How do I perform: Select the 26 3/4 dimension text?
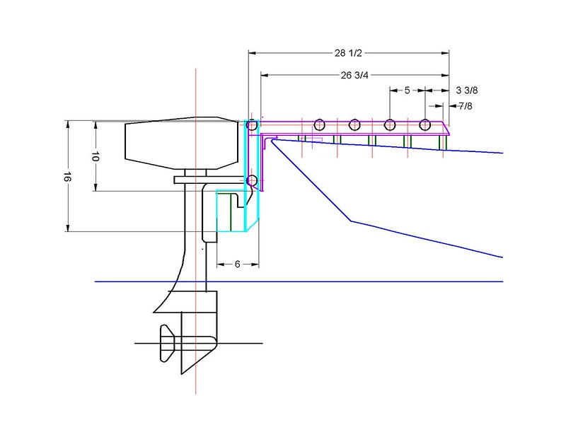(354, 75)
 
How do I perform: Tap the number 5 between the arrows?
(408, 91)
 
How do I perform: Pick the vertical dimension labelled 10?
(95, 156)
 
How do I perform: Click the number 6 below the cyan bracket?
(237, 264)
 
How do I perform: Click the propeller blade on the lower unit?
(168, 344)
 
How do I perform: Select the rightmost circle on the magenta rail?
(424, 125)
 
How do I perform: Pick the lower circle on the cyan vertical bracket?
(252, 182)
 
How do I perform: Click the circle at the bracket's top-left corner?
(252, 125)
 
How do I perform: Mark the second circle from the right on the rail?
(389, 125)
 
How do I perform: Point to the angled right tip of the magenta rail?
(447, 129)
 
